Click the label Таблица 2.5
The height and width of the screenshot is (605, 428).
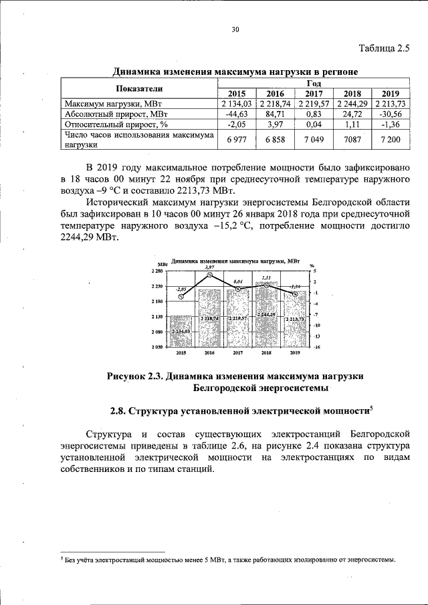(x=383, y=48)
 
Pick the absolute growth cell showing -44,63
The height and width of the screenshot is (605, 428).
(x=237, y=114)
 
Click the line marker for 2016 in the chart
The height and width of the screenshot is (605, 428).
(x=210, y=275)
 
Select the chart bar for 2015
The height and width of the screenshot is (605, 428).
(x=181, y=331)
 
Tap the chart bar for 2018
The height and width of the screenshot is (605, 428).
(x=266, y=314)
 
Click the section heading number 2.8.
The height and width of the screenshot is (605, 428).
(x=118, y=410)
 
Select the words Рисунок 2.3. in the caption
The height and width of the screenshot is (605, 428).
(x=135, y=376)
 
